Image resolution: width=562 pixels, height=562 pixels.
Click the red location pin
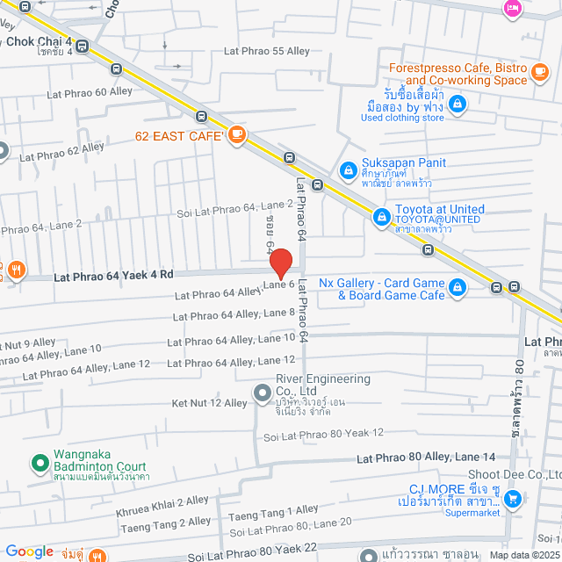pos(280,263)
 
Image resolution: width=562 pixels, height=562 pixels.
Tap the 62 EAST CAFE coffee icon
pos(236,135)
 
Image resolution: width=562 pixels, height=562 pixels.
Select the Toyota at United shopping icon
pos(381,216)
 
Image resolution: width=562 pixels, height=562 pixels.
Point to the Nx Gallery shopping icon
pos(457,287)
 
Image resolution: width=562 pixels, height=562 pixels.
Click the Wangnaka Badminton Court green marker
pos(39,461)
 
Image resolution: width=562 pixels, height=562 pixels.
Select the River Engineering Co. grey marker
pos(261,393)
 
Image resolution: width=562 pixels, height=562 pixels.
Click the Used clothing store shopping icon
pos(456,104)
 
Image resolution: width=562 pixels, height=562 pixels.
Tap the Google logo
pos(29,551)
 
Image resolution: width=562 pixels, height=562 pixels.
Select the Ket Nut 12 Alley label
pos(210,403)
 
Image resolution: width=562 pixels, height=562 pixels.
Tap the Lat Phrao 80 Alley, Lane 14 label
pos(426,458)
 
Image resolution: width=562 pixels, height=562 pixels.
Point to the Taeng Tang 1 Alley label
pos(273,509)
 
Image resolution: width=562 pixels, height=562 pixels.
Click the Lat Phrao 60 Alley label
pos(89,91)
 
